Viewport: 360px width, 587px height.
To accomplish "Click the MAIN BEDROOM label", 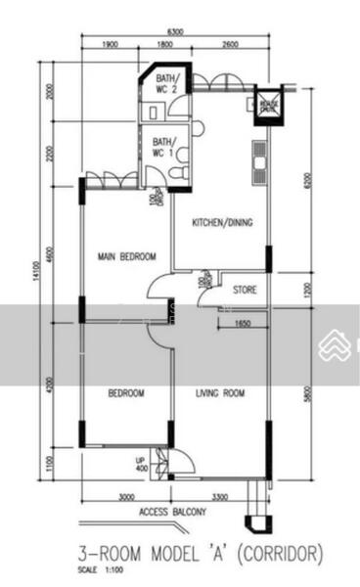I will tap(127, 257).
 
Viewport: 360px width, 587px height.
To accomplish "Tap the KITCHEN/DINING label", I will tap(222, 223).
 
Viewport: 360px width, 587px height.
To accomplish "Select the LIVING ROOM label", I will tap(220, 393).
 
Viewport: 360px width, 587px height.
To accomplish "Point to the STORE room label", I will tap(245, 291).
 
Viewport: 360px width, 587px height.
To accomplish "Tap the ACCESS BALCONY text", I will tap(173, 512).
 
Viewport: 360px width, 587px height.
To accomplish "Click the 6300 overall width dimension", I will tap(177, 32).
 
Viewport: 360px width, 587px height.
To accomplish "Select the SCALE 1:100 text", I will tap(99, 570).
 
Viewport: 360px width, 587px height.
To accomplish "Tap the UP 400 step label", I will tap(141, 464).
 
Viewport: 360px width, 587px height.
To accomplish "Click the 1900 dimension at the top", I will tap(110, 44).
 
